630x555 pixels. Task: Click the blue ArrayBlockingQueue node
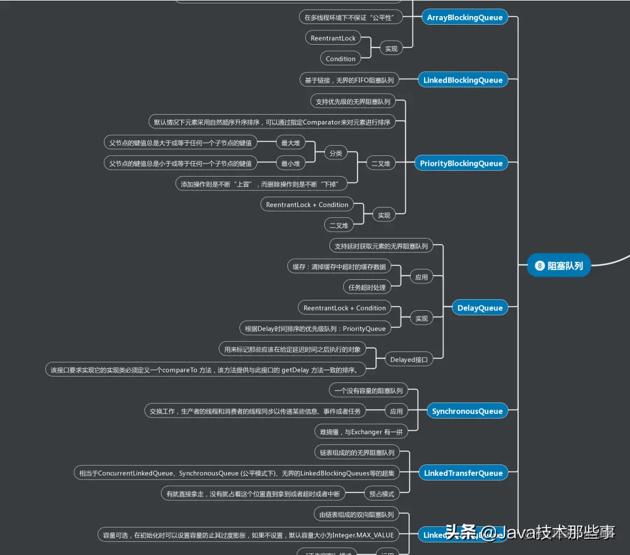click(465, 17)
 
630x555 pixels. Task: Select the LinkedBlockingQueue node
click(462, 80)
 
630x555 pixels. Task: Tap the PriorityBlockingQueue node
click(461, 163)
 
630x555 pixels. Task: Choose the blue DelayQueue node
click(480, 308)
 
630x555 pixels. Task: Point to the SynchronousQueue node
click(467, 411)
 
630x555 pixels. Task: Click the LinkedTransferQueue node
click(462, 473)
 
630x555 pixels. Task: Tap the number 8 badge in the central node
click(539, 265)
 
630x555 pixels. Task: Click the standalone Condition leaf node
click(340, 58)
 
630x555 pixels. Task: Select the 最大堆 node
click(290, 143)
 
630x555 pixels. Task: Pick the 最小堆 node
click(290, 163)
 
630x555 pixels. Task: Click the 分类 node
click(336, 153)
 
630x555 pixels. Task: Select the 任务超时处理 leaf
click(367, 287)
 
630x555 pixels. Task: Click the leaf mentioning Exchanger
click(361, 432)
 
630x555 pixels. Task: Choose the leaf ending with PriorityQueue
click(315, 329)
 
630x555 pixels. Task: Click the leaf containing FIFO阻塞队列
click(349, 80)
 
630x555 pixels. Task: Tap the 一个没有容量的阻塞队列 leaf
click(368, 390)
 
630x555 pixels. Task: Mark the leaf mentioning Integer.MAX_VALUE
click(248, 535)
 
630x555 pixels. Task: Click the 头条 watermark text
click(461, 533)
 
